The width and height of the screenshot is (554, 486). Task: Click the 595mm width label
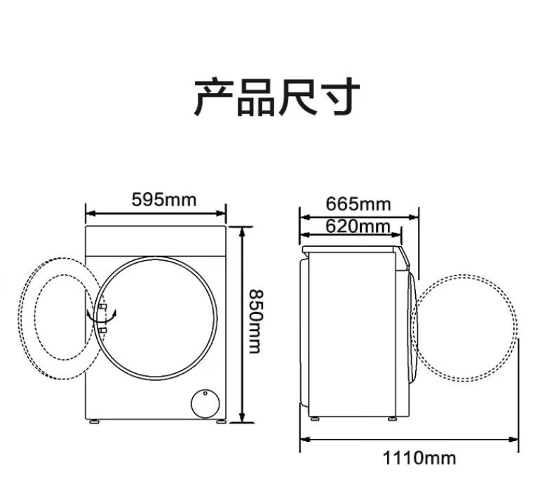coord(164,200)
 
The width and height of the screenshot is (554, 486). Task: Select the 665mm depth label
coord(358,204)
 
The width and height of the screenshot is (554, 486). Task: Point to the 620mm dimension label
coord(358,227)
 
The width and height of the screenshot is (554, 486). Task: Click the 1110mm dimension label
coord(419,458)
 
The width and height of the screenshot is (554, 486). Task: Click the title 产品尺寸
coord(277,97)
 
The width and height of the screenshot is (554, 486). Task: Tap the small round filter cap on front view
coord(205,404)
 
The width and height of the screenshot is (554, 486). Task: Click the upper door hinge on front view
coord(102,306)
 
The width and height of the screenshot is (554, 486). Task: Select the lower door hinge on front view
coord(102,330)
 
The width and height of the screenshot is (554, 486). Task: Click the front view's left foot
coord(94,421)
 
